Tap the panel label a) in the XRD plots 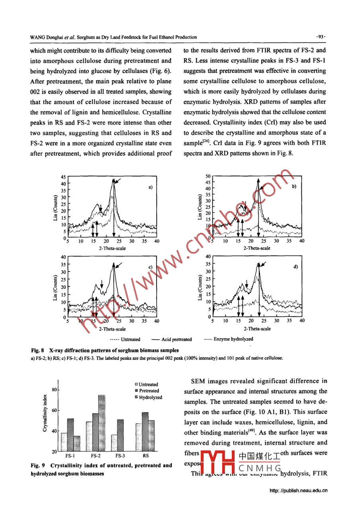point(151,187)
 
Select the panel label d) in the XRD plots point(296,267)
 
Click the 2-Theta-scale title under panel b point(257,248)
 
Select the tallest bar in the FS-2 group point(102,423)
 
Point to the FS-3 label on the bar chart point(119,455)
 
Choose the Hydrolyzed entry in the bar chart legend point(149,397)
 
